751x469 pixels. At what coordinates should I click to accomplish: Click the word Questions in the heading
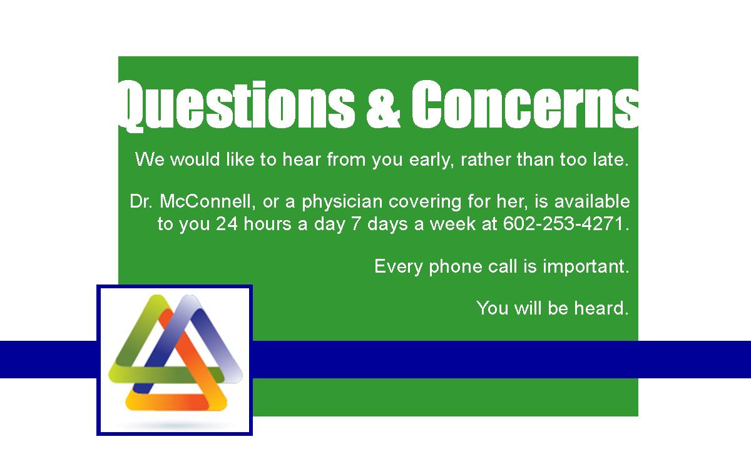click(x=237, y=106)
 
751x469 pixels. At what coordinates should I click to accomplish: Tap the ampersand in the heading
click(x=383, y=105)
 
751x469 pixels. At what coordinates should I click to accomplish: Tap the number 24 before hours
click(x=227, y=223)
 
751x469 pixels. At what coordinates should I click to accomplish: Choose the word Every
click(x=399, y=267)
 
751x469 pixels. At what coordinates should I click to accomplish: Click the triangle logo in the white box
click(x=175, y=353)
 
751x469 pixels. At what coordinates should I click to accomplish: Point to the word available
click(x=592, y=201)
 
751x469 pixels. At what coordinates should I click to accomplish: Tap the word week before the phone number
click(x=452, y=223)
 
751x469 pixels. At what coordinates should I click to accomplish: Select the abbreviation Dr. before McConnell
click(x=141, y=201)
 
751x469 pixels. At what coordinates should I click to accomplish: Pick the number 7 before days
click(x=356, y=223)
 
